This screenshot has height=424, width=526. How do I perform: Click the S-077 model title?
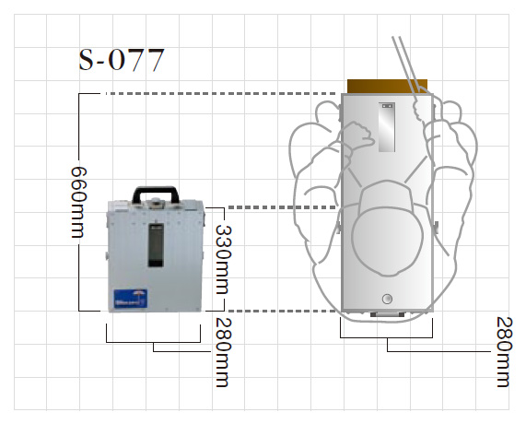pyautogui.click(x=122, y=60)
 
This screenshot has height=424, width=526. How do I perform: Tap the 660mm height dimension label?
pyautogui.click(x=79, y=202)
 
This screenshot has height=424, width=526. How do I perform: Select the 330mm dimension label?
pyautogui.click(x=223, y=260)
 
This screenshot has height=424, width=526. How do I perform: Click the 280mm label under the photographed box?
pyautogui.click(x=223, y=352)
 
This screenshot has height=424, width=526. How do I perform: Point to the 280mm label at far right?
pyautogui.click(x=504, y=352)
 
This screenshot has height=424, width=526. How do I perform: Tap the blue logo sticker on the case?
pyautogui.click(x=130, y=299)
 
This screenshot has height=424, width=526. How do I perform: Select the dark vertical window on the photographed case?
pyautogui.click(x=156, y=245)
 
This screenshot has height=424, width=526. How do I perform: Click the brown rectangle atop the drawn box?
pyautogui.click(x=387, y=87)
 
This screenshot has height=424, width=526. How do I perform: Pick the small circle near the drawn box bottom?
pyautogui.click(x=387, y=299)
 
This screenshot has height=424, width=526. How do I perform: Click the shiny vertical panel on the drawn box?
pyautogui.click(x=387, y=127)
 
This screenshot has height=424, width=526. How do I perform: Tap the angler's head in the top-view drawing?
pyautogui.click(x=387, y=240)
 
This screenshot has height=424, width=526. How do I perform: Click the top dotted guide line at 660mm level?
pyautogui.click(x=221, y=94)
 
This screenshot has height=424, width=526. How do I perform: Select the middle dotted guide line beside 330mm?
pyautogui.click(x=282, y=207)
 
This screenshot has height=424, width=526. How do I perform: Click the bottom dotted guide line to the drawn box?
pyautogui.click(x=282, y=312)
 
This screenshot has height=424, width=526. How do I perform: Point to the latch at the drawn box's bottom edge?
pyautogui.click(x=387, y=314)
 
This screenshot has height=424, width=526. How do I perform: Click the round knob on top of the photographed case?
pyautogui.click(x=155, y=202)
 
